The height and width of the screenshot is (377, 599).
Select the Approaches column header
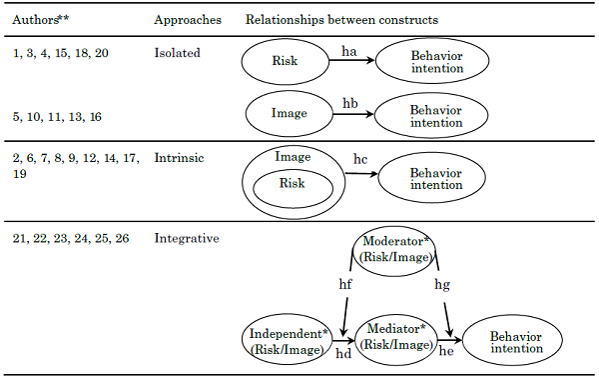coord(187,20)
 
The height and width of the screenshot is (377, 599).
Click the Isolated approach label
coord(178,51)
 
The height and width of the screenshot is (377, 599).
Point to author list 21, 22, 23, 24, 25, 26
coord(72,238)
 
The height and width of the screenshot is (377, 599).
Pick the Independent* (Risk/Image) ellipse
coord(287,338)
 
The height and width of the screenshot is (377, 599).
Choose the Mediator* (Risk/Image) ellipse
coord(397,337)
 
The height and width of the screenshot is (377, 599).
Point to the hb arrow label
coord(350,104)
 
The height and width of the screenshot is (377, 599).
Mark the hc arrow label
coord(361,160)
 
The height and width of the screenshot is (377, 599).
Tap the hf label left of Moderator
coord(343,284)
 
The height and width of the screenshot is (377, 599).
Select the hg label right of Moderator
coord(442,284)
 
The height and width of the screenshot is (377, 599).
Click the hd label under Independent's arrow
coord(343,355)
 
